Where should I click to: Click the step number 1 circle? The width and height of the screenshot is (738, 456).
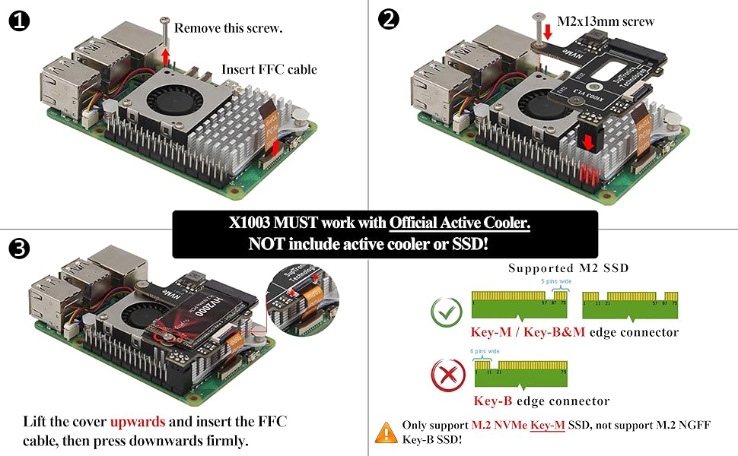point(19,21)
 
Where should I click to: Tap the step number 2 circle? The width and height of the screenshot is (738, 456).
point(388,20)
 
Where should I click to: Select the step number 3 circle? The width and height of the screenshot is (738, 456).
point(19,248)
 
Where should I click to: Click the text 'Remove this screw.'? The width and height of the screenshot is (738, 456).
point(228,29)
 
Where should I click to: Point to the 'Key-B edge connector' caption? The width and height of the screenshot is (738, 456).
point(542,401)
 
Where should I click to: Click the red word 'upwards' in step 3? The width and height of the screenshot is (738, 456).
point(134,421)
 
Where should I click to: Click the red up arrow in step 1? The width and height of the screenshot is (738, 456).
point(167,56)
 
